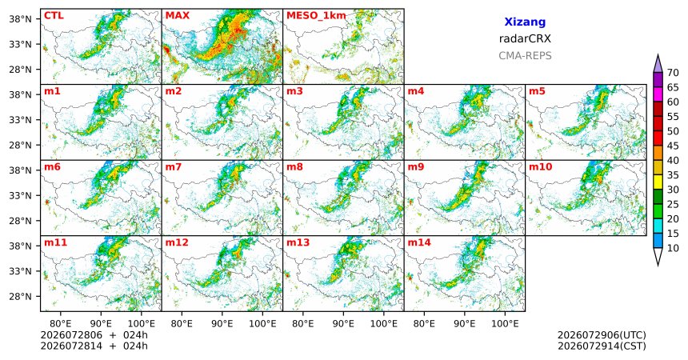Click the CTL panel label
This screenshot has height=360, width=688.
pyautogui.click(x=54, y=16)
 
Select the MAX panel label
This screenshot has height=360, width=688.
pyautogui.click(x=178, y=16)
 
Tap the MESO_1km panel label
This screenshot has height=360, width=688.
pyautogui.click(x=316, y=16)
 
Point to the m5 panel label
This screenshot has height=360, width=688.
pyautogui.click(x=537, y=91)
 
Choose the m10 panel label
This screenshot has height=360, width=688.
pyautogui.click(x=540, y=167)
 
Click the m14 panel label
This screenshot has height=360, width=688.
pyautogui.click(x=419, y=242)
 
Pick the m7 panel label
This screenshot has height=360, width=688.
pyautogui.click(x=174, y=167)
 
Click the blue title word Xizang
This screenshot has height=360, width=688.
pyautogui.click(x=525, y=22)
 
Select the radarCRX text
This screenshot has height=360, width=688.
pyautogui.click(x=525, y=38)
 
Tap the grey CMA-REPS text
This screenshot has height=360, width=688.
pyautogui.click(x=525, y=56)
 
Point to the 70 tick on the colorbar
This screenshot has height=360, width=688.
pyautogui.click(x=673, y=73)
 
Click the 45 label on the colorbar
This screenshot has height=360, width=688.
pyautogui.click(x=673, y=146)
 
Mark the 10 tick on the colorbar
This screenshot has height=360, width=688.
pyautogui.click(x=673, y=248)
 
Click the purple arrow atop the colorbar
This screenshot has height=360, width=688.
pyautogui.click(x=658, y=64)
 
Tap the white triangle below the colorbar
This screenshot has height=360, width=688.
pyautogui.click(x=658, y=256)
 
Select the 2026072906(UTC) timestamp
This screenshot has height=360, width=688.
pyautogui.click(x=602, y=335)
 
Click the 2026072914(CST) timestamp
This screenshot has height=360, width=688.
pyautogui.click(x=602, y=346)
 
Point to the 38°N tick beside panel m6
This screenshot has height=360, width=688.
pyautogui.click(x=20, y=170)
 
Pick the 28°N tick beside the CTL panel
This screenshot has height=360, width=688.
pyautogui.click(x=20, y=70)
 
